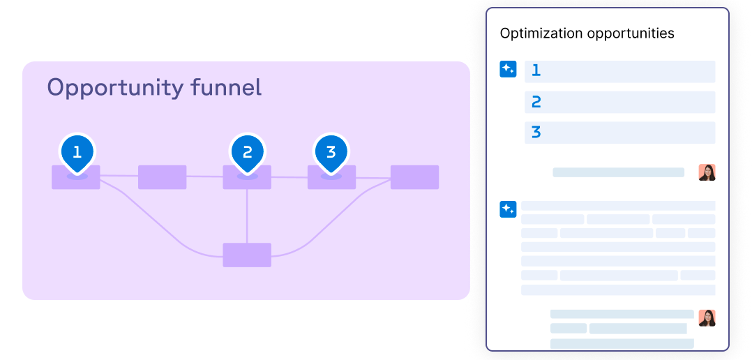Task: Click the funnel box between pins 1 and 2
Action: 162,177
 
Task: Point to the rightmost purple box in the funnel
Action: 414,177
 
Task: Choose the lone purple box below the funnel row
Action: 247,255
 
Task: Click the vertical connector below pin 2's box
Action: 247,216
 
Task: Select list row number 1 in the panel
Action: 619,71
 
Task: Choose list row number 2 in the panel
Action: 619,102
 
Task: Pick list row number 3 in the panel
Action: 619,133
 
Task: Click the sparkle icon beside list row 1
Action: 508,69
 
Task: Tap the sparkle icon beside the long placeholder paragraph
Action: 508,209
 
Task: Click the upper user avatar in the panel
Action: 707,172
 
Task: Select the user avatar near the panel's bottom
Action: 707,317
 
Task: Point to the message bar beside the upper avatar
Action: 618,172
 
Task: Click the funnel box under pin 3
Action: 331,179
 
